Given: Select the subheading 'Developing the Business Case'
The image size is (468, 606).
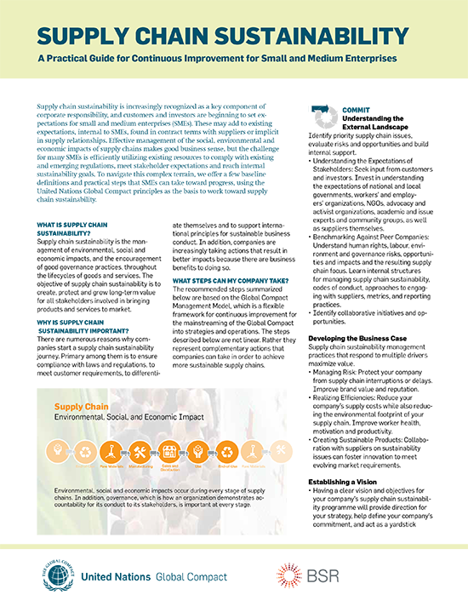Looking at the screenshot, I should point(357,339).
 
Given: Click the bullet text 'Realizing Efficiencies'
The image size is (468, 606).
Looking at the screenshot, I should point(351,397).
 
